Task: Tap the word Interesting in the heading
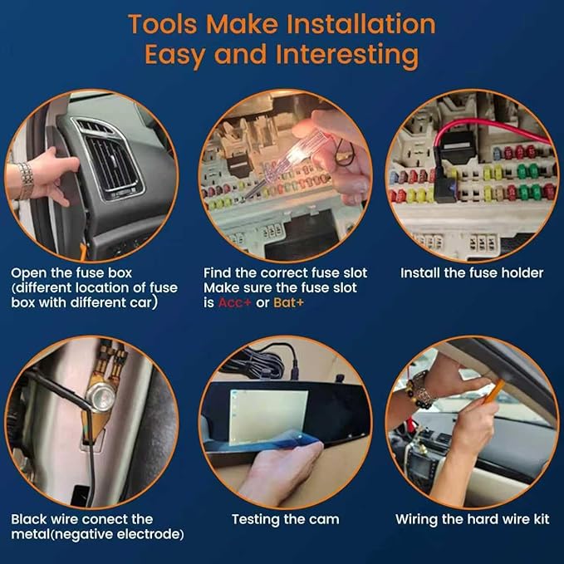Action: coord(347,55)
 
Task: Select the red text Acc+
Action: coord(234,302)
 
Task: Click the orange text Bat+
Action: coord(288,302)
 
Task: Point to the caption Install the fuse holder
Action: coord(472,273)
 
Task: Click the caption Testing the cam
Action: coord(285,519)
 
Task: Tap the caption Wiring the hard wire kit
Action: coord(473,519)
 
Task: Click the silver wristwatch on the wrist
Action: coord(25,181)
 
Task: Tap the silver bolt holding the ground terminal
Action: coord(101,395)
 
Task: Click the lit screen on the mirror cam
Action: coord(268,416)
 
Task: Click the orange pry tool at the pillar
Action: coord(493,392)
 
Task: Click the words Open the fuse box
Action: coord(71,273)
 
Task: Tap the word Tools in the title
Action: coord(163,24)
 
